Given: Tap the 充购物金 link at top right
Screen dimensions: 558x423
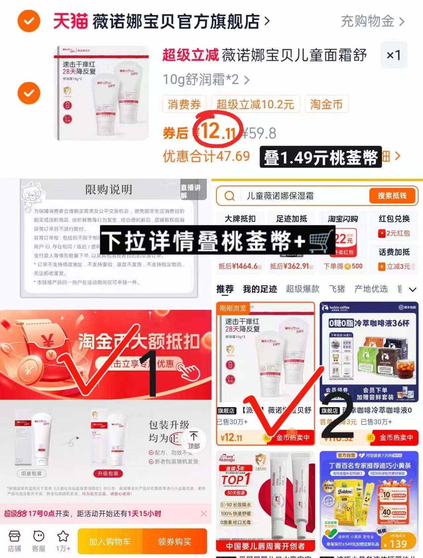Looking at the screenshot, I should click(372, 21).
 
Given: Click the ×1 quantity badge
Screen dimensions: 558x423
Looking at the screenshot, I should click(394, 55).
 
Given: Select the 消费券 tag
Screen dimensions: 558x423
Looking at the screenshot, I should click(184, 104).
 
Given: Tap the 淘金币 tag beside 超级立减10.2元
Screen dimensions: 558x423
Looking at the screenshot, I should click(326, 104).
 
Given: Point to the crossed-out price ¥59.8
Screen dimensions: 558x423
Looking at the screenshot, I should click(259, 133).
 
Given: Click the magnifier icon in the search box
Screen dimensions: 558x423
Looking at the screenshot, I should click(229, 196).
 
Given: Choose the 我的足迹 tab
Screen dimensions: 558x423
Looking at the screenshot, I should click(260, 289).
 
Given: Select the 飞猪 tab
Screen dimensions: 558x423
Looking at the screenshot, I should click(337, 289).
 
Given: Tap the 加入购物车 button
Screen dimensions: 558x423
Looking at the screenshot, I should click(110, 541).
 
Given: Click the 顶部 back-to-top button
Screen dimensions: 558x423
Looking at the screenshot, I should click(194, 440).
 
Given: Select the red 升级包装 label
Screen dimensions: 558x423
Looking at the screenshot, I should click(108, 473).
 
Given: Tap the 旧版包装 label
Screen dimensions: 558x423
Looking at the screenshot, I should click(31, 473).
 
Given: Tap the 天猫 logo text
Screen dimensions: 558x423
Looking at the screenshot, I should click(70, 21).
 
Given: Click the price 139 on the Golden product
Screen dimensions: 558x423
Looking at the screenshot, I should click(398, 544).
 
